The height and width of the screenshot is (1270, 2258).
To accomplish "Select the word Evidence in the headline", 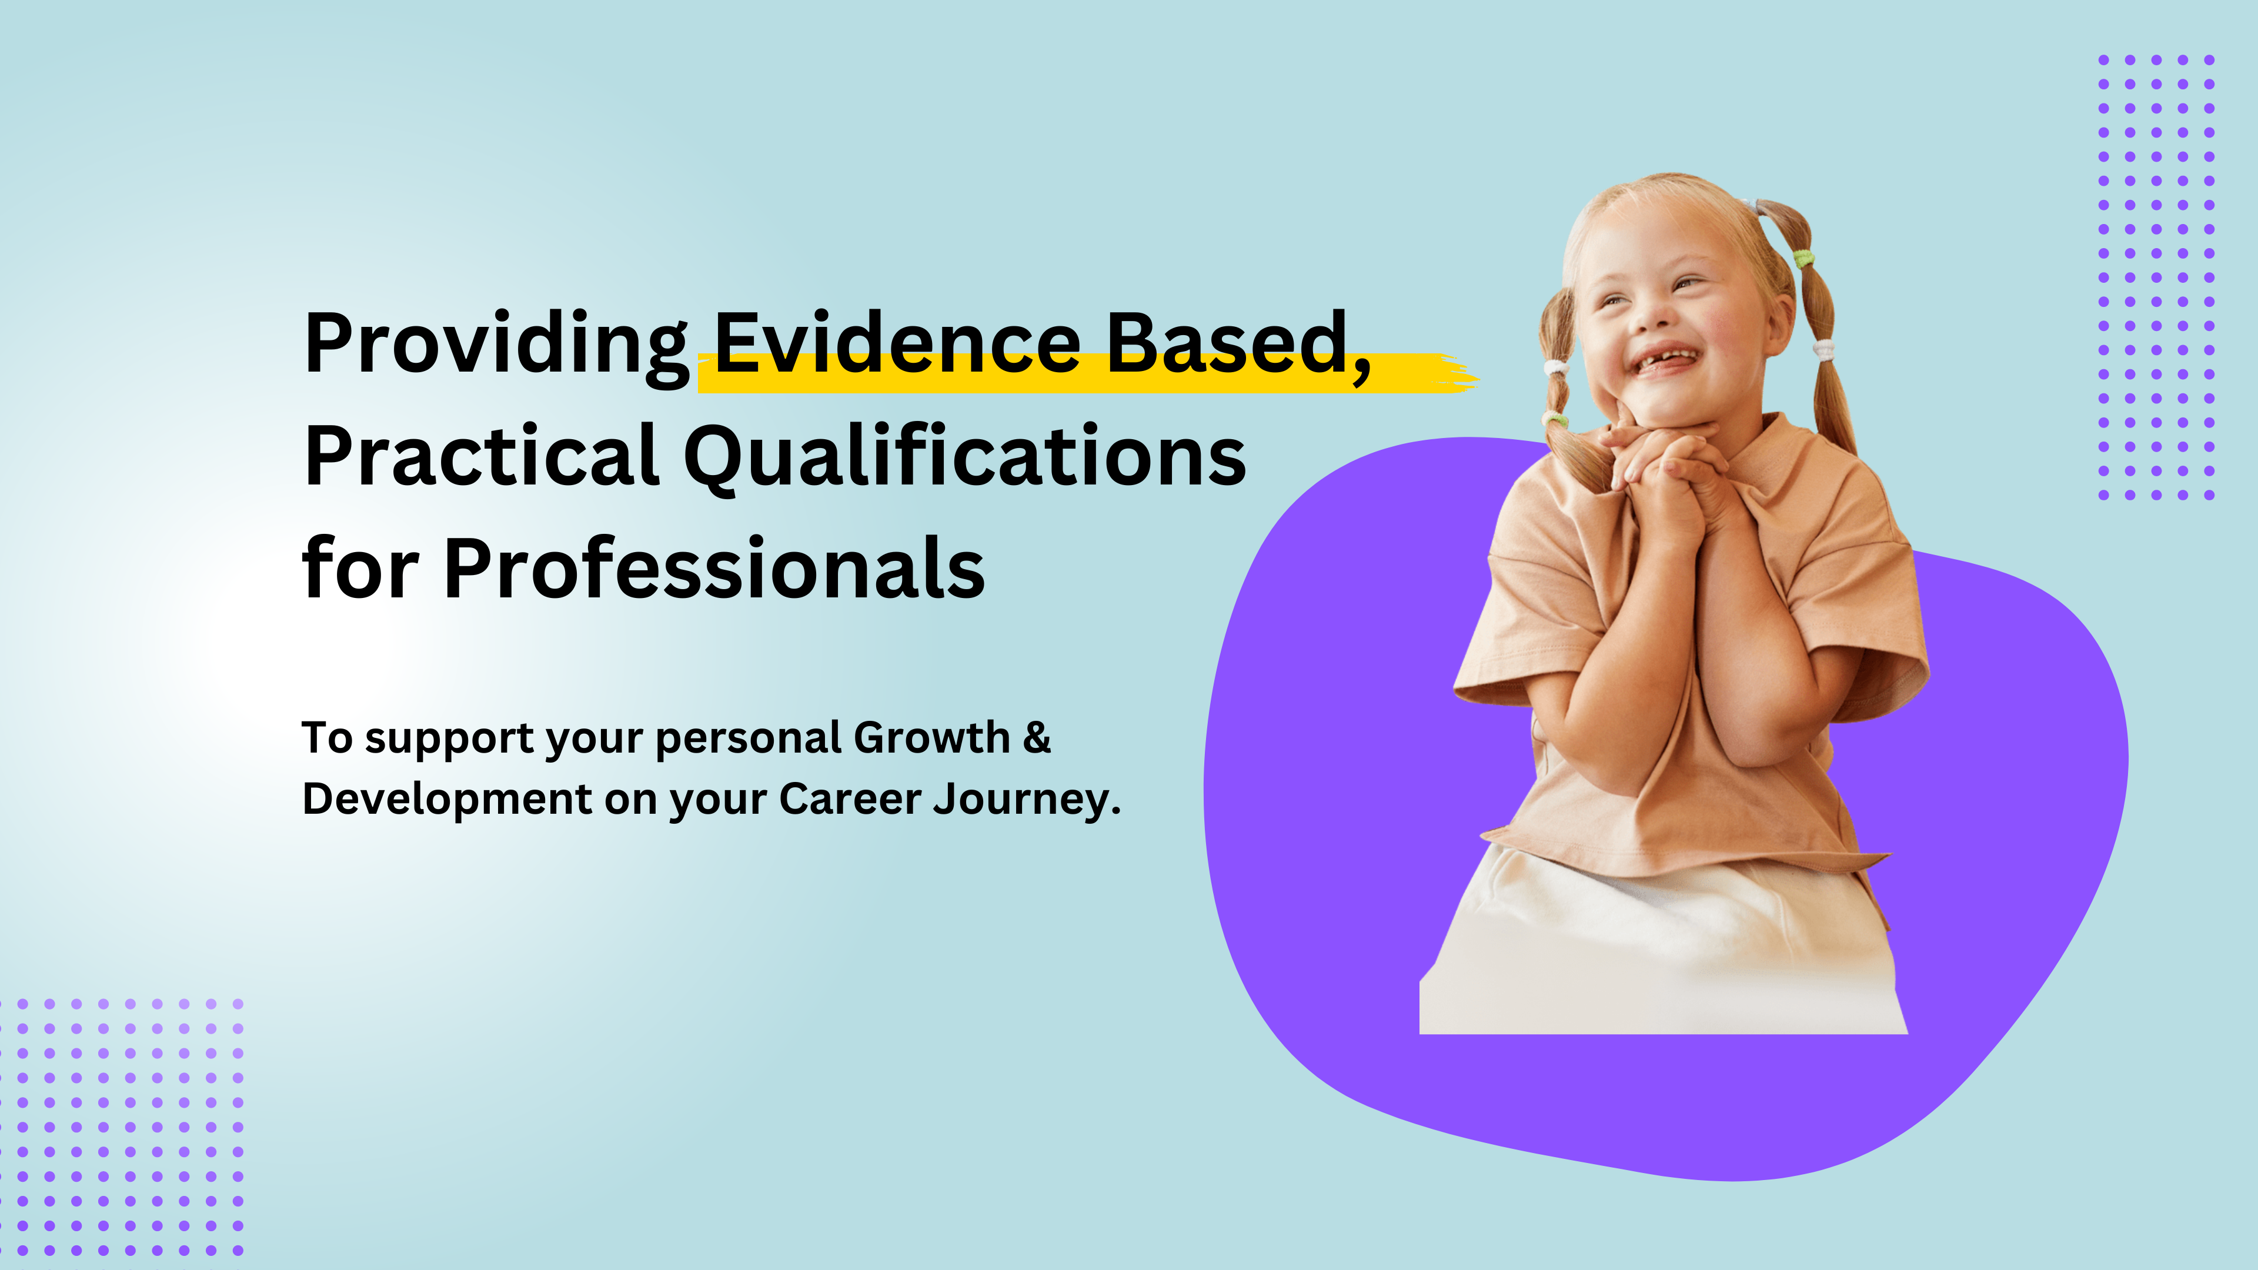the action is (898, 343).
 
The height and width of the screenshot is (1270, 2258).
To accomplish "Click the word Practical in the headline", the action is (481, 456).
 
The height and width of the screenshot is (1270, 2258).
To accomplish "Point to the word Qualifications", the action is (965, 457).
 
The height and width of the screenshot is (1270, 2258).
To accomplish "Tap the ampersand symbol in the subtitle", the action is (1037, 737).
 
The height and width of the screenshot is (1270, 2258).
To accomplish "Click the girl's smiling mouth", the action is (1663, 360).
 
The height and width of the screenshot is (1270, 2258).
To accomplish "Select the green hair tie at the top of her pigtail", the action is (1802, 259).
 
